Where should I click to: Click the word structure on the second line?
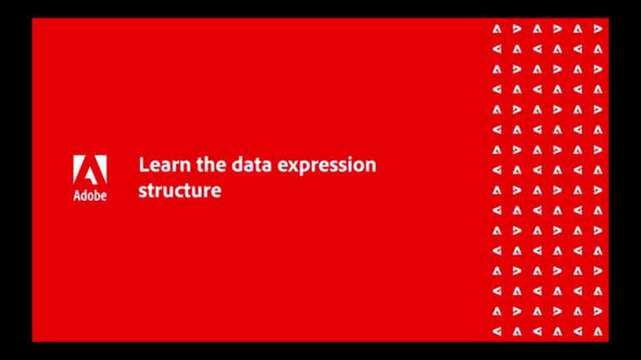[x=179, y=189]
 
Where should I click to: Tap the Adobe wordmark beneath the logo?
[x=90, y=196]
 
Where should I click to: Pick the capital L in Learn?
[x=143, y=164]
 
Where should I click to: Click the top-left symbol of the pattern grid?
[x=497, y=28]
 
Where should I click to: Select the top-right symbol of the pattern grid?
[x=597, y=28]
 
